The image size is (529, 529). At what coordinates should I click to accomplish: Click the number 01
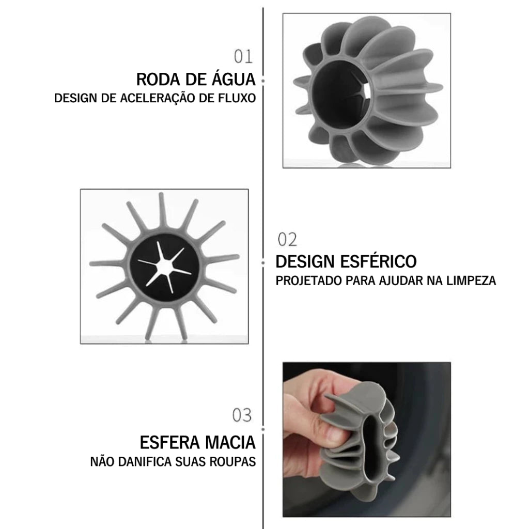pyautogui.click(x=243, y=56)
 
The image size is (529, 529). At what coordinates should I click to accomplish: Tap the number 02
pyautogui.click(x=288, y=240)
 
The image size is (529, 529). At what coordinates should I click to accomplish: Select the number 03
pyautogui.click(x=242, y=415)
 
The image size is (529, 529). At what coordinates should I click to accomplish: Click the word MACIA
pyautogui.click(x=230, y=443)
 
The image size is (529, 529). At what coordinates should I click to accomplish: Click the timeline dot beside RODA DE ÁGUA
pyautogui.click(x=263, y=81)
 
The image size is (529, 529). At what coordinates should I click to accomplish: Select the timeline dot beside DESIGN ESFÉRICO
pyautogui.click(x=263, y=262)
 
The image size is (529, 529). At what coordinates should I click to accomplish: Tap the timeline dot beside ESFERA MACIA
pyautogui.click(x=263, y=429)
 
